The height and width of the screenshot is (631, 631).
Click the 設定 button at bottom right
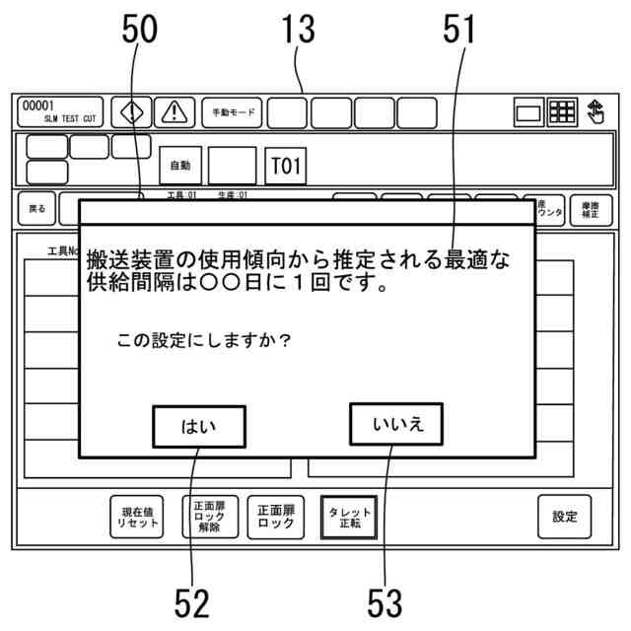[x=565, y=517]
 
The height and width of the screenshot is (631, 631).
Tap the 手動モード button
[x=232, y=112]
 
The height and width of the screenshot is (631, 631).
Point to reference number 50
[x=139, y=32]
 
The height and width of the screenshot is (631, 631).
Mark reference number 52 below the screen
[x=192, y=601]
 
